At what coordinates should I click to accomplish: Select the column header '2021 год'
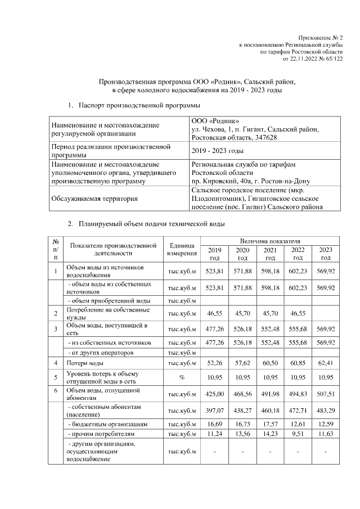pyautogui.click(x=270, y=254)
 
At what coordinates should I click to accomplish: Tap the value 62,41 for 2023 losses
pyautogui.click(x=325, y=364)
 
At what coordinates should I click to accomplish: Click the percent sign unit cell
pyautogui.click(x=182, y=377)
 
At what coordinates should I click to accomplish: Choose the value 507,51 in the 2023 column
pyautogui.click(x=325, y=394)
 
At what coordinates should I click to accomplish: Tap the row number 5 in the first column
pyautogui.click(x=55, y=377)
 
